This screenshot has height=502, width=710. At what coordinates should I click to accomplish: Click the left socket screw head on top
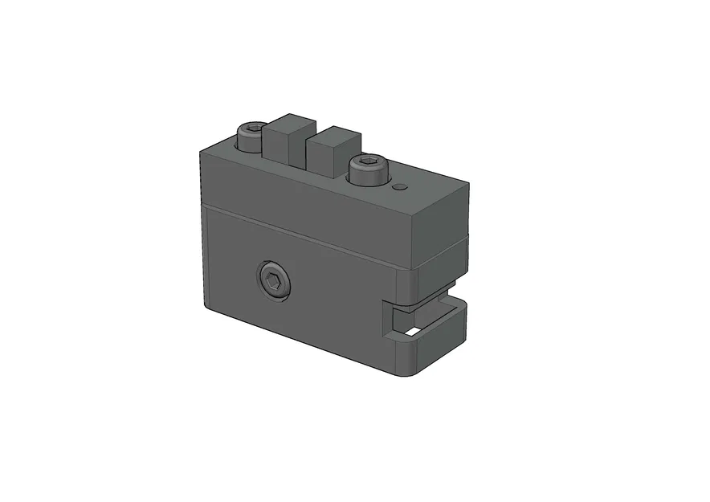point(251,137)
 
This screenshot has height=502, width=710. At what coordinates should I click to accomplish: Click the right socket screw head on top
point(369,170)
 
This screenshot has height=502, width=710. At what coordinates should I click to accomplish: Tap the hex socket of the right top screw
point(369,164)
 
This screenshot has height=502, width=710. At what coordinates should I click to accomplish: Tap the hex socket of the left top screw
point(251,129)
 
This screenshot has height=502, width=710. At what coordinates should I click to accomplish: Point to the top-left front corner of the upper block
point(202,149)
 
